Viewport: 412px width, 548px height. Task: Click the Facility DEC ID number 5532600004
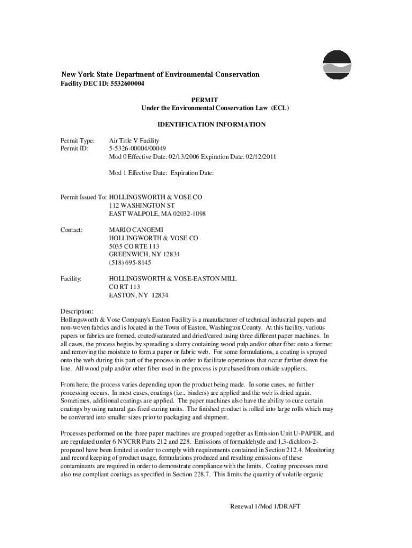click(126, 84)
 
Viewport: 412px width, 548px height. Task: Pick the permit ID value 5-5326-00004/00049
click(138, 148)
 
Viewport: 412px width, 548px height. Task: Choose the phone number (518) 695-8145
click(130, 263)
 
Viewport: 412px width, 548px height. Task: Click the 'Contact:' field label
click(71, 230)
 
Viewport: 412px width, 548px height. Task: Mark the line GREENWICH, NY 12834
click(144, 254)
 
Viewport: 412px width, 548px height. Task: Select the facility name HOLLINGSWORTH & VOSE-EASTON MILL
click(173, 279)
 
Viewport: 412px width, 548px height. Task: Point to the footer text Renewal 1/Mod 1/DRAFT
click(265, 506)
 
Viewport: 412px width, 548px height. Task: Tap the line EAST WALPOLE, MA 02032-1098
click(157, 214)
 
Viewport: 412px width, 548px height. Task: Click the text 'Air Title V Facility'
click(134, 140)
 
